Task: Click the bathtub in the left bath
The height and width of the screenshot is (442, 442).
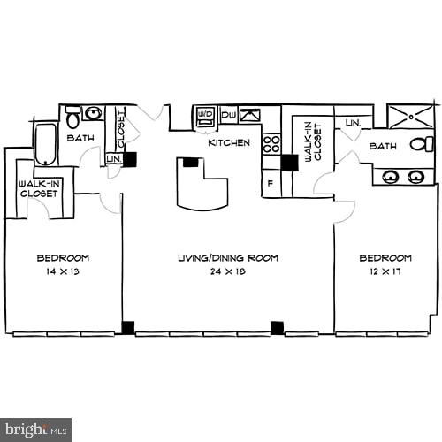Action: tap(46, 143)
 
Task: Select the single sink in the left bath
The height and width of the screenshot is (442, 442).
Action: tap(93, 113)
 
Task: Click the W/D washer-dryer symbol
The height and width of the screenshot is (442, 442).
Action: tap(205, 115)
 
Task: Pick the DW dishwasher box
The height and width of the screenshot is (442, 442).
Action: tap(228, 115)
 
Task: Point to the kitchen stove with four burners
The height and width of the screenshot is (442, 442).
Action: tap(271, 144)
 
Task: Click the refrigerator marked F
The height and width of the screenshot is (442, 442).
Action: tap(271, 183)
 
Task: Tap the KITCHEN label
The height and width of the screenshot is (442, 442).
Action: tap(229, 142)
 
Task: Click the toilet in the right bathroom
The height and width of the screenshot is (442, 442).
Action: tap(423, 144)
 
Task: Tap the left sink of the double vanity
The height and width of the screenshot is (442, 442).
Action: tap(390, 177)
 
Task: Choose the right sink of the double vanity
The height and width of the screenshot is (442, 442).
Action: tap(415, 177)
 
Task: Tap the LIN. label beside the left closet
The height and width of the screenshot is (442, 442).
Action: tap(113, 159)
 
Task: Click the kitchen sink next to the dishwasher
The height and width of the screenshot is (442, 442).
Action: tap(250, 115)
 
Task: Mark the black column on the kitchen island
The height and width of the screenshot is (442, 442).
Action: tap(190, 162)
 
